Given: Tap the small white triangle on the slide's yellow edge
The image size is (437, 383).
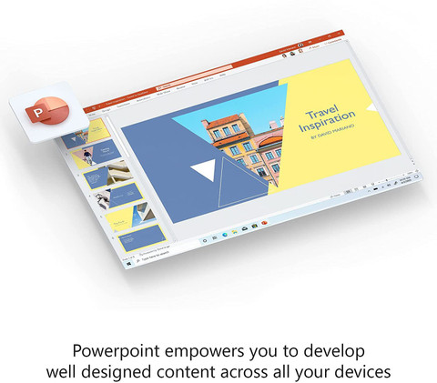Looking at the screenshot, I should tap(371, 106).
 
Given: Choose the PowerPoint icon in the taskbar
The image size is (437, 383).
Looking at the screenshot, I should tap(263, 222).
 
